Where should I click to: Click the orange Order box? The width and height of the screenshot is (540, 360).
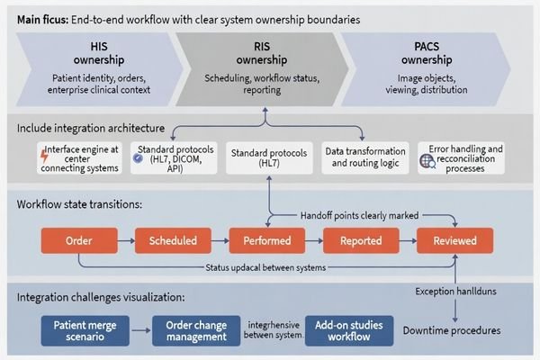[79, 241]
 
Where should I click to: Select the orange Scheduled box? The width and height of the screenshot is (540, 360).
[172, 241]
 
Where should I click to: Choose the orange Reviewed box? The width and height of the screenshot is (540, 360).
[454, 241]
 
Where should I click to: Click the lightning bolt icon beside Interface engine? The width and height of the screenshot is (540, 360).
[45, 157]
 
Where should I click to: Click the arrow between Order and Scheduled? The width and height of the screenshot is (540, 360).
[126, 241]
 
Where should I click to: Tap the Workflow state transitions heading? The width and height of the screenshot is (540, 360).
[78, 205]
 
